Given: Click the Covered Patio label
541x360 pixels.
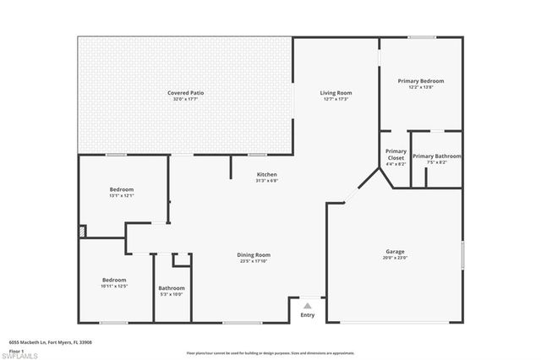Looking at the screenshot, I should (x=185, y=92).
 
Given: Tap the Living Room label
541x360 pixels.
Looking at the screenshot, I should (x=336, y=92).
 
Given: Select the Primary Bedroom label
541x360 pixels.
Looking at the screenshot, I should (x=421, y=81).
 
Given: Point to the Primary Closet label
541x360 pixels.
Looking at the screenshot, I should (x=396, y=155).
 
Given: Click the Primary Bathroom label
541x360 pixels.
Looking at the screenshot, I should (x=437, y=155).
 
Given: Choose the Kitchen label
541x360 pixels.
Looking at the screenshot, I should (x=267, y=175).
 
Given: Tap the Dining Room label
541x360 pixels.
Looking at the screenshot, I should (x=254, y=254).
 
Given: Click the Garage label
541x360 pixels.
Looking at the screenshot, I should (x=395, y=252).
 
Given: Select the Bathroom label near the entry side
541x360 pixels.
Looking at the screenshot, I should (x=171, y=288).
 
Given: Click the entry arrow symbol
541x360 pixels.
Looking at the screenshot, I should (x=308, y=307).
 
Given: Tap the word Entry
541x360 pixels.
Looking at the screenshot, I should (x=308, y=316).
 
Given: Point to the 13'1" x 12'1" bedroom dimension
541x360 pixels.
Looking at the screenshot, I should (x=122, y=196).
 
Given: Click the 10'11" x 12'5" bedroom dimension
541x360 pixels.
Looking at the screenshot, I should (x=114, y=286).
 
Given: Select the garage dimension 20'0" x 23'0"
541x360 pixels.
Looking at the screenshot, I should (x=395, y=258).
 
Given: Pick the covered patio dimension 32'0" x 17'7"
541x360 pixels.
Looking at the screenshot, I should (x=185, y=99).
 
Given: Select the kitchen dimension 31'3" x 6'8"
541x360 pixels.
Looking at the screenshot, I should (x=267, y=181).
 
